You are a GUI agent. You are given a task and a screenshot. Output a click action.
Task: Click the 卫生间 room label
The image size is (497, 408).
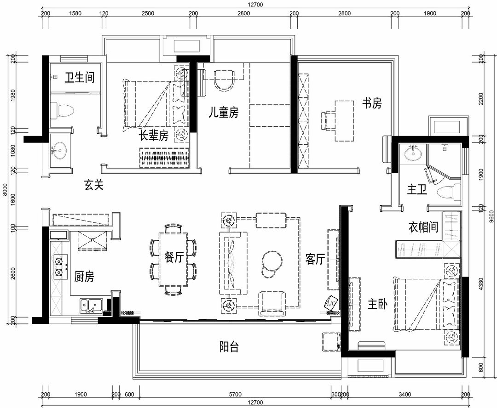pos(80,77)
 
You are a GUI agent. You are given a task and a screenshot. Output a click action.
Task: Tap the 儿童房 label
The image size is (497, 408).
pos(224,113)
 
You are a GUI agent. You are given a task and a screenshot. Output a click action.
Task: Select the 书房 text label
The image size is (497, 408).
pos(372,103)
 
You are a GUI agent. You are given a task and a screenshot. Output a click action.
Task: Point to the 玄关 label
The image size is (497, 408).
pos(94,185)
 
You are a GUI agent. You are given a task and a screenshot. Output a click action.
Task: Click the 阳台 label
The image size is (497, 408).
pos(229,346)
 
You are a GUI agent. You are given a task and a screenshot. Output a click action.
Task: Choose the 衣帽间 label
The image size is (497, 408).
pos(423,227)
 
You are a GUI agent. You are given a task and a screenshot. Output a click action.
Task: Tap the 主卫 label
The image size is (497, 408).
pos(417,190)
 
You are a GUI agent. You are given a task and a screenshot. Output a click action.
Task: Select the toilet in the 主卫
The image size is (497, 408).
pos(448,192)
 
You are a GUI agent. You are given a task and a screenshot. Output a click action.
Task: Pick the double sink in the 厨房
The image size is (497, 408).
pos(90,305)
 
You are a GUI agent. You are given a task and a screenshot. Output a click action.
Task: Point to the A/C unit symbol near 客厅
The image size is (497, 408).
pos(330,302)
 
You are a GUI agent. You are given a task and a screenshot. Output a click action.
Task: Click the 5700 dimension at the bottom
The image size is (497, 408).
pos(235,394)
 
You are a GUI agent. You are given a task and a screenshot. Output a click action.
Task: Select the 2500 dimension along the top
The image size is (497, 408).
pos(148,13)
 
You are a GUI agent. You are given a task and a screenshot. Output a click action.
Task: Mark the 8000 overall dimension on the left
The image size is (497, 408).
pos(5,190)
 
